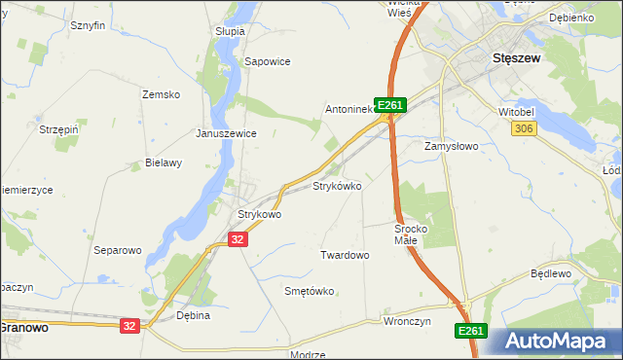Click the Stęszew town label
[x=517, y=57]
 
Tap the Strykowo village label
[x=260, y=214]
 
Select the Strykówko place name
[x=337, y=185]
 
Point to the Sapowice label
[x=268, y=60]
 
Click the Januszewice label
[x=226, y=133]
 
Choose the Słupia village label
[x=230, y=31]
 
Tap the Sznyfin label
[x=88, y=25]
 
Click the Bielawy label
[x=164, y=162]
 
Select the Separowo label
[x=117, y=250]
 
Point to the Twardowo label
[x=345, y=255]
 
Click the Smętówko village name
[x=309, y=291]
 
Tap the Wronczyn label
[x=407, y=320]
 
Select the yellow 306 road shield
[x=526, y=129]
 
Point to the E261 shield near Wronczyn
[x=470, y=332]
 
